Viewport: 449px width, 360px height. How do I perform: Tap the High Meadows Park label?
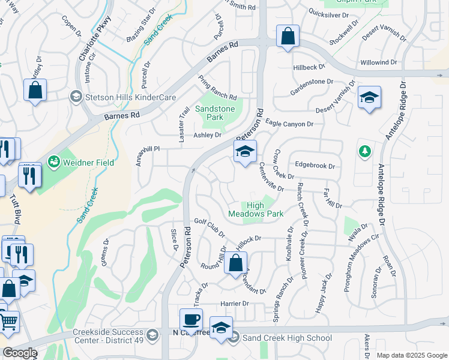(256, 209)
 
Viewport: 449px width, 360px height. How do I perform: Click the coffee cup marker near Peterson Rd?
(191, 319)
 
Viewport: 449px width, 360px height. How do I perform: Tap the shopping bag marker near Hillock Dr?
(236, 263)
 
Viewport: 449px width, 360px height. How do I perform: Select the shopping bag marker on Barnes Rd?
(288, 35)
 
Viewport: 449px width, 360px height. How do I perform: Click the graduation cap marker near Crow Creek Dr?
(245, 153)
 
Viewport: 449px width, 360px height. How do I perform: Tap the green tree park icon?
(364, 151)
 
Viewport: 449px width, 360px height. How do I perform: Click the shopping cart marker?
(8, 322)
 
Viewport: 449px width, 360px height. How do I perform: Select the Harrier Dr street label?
(234, 304)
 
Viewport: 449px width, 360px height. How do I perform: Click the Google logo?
(20, 353)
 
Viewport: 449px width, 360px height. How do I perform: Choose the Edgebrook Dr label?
(314, 166)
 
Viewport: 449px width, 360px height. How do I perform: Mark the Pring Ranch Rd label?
(217, 88)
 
